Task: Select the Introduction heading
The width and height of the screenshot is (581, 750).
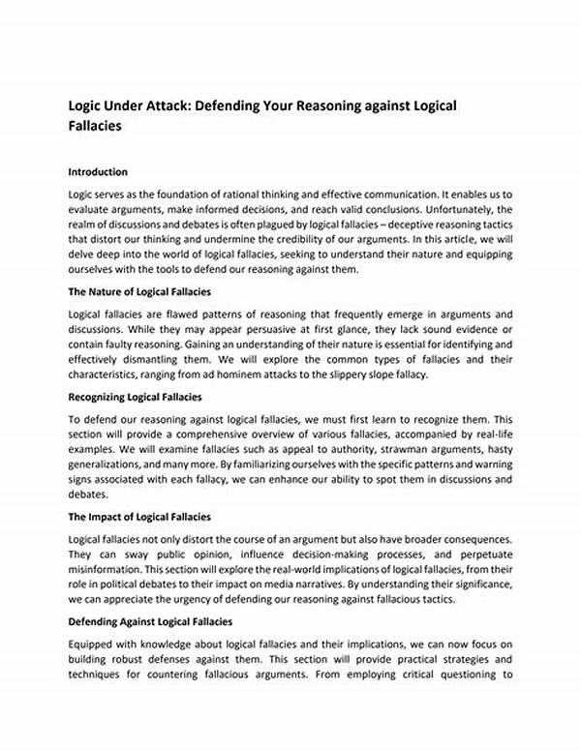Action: (x=100, y=171)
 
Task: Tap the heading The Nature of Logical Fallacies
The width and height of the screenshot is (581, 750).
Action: (x=139, y=291)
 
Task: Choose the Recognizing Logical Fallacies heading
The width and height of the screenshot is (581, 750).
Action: (x=135, y=397)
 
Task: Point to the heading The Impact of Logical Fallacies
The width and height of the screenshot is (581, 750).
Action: (x=139, y=517)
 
